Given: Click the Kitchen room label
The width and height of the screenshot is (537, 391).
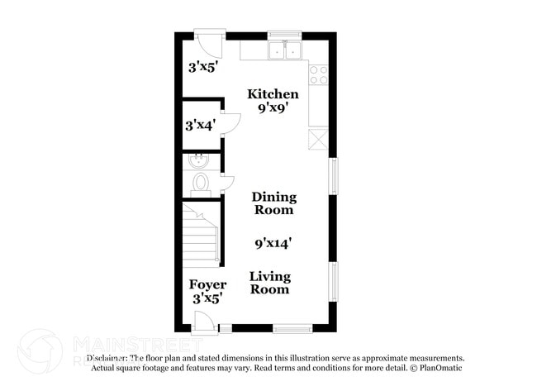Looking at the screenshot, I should coord(273,94).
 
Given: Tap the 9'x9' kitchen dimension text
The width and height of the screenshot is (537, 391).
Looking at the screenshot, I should coord(273,107).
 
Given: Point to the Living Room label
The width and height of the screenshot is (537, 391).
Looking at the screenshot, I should coord(270,283).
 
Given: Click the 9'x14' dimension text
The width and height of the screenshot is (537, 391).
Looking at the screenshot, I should coord(273,243).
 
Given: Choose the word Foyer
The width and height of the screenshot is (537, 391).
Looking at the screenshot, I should coord(208,285).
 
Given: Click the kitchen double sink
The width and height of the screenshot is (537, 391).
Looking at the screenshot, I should coord(286,51).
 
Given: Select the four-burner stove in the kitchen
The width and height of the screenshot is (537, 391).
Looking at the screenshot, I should coord(318,74).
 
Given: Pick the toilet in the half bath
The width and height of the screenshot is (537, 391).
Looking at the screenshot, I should coord(201,182).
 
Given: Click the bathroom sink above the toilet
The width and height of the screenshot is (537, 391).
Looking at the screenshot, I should coord(201,161).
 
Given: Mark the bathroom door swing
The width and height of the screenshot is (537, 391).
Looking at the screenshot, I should coord(227,182).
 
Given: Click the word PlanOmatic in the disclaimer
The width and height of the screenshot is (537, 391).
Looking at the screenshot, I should coord(442,368).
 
